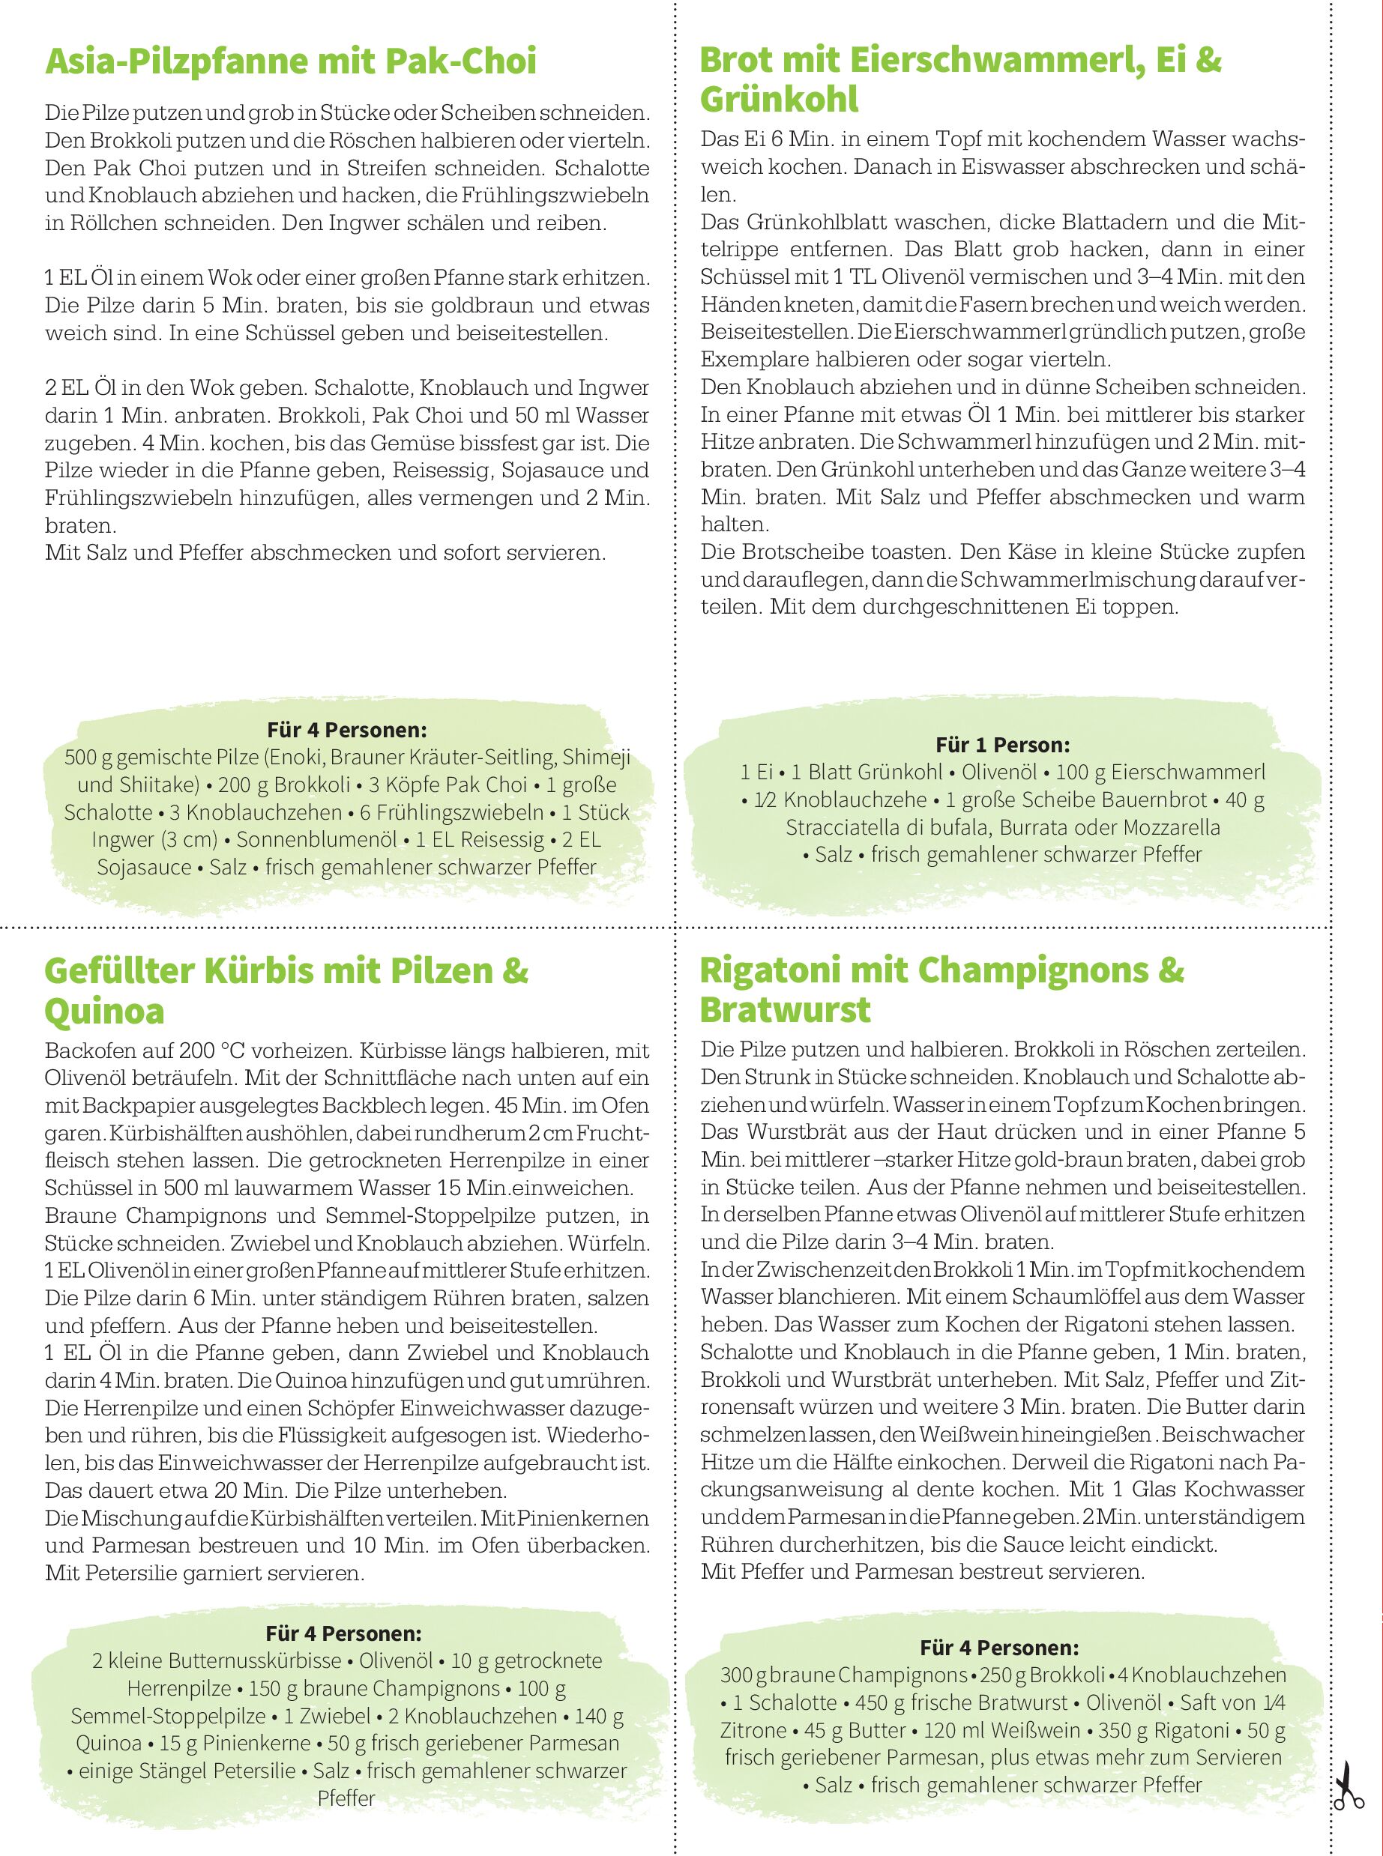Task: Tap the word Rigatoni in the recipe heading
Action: coord(762,970)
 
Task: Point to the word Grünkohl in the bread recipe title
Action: coord(779,100)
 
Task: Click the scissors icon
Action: coord(1348,1787)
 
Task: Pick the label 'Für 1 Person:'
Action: coord(1002,745)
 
